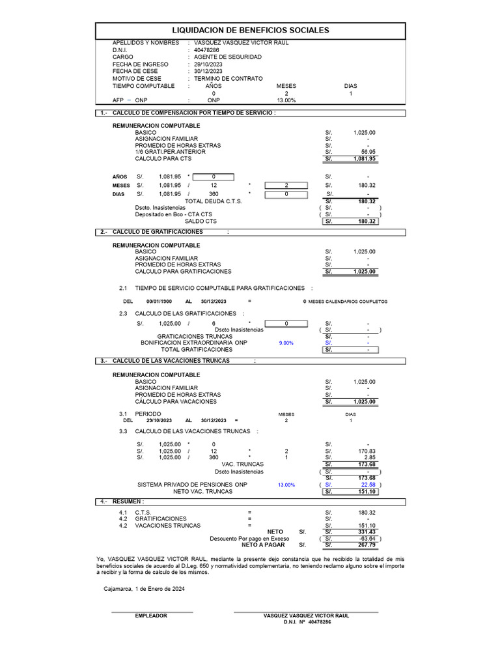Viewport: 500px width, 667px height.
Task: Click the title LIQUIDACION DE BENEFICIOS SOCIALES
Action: pos(250,31)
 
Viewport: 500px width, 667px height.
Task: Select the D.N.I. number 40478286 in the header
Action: pos(207,50)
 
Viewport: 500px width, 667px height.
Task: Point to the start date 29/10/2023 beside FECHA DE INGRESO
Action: pos(208,64)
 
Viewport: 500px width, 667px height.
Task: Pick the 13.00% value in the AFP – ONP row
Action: pos(286,101)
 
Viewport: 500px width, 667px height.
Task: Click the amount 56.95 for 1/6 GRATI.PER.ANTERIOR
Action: pos(368,152)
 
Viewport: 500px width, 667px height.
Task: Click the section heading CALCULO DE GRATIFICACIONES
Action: pos(158,232)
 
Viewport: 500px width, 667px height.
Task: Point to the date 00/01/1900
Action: pos(159,302)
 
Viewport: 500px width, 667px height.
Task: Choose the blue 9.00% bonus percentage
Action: pos(286,343)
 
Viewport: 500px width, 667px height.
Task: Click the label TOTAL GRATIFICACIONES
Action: pos(197,350)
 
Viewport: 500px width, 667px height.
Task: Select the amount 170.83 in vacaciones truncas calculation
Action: pos(367,451)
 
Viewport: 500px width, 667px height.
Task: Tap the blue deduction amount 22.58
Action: pos(368,485)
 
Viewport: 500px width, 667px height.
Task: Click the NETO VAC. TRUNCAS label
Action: pos(202,492)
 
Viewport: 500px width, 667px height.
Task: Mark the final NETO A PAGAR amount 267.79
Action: pos(367,545)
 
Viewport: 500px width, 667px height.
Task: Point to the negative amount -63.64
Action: pos(367,539)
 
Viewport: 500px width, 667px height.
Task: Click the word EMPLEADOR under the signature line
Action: pos(151,616)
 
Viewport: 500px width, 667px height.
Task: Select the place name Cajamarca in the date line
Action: pos(118,589)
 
